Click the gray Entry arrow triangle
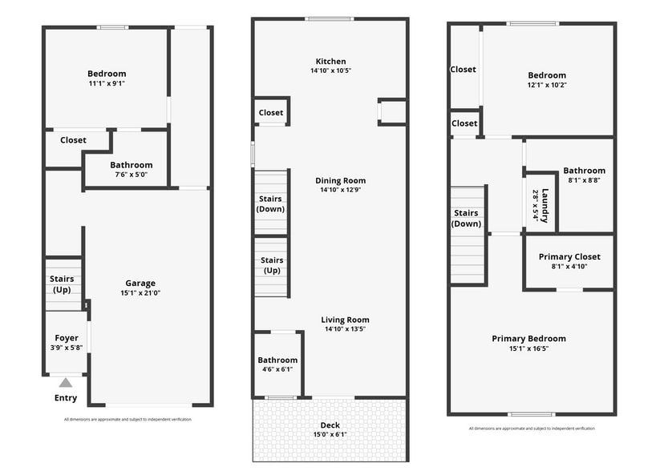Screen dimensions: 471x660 click(x=66, y=383)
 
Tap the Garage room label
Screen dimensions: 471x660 click(x=140, y=283)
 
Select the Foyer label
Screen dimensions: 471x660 click(x=66, y=338)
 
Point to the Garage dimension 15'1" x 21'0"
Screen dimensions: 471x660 click(x=140, y=293)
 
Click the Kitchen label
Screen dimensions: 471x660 click(x=330, y=61)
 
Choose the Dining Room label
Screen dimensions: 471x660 click(x=340, y=180)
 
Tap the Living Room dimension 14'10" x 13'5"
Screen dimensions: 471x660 click(x=345, y=329)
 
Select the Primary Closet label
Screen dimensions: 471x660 click(x=569, y=256)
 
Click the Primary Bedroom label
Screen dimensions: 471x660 click(x=528, y=338)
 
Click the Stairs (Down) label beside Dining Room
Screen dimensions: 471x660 click(x=271, y=203)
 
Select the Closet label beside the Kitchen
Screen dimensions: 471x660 click(x=271, y=113)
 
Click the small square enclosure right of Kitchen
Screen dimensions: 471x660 click(x=392, y=112)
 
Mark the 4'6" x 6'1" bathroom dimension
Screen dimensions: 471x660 click(x=277, y=369)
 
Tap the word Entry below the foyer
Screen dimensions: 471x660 click(x=66, y=398)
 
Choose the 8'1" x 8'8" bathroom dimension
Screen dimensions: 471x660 click(x=584, y=180)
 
